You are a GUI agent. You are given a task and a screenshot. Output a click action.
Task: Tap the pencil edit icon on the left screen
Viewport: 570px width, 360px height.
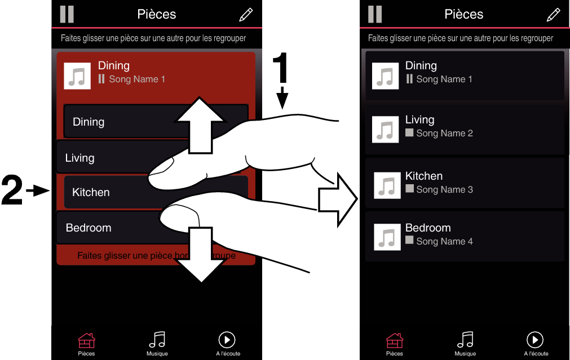click(x=246, y=15)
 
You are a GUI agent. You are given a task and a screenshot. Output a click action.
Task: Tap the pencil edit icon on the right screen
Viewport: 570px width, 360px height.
click(x=553, y=15)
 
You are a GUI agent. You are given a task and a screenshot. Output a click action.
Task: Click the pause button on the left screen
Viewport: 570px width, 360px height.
click(x=67, y=14)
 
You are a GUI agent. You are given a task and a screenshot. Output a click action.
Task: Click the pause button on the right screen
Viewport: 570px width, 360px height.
click(x=374, y=14)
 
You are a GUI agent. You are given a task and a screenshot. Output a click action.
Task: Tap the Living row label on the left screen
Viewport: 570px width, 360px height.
click(x=79, y=158)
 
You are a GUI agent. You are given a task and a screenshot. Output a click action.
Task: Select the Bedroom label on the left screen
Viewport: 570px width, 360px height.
click(x=89, y=228)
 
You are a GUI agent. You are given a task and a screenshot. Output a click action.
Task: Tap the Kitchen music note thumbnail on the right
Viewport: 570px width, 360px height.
click(x=387, y=185)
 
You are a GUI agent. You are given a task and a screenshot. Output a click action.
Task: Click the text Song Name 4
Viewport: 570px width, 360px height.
click(x=444, y=242)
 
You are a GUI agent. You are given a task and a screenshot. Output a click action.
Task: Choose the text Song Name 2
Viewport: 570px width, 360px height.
click(x=444, y=134)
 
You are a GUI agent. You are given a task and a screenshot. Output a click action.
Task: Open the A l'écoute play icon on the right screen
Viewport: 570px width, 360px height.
click(x=534, y=339)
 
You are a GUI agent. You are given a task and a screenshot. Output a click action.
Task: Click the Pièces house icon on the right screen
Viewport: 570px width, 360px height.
click(x=395, y=340)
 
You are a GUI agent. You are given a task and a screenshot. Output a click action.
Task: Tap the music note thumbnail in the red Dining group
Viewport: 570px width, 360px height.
click(x=77, y=76)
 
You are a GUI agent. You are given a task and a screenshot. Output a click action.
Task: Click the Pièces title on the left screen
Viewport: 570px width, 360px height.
click(x=157, y=14)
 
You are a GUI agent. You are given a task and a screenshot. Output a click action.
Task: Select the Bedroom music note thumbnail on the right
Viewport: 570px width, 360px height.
click(x=387, y=237)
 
